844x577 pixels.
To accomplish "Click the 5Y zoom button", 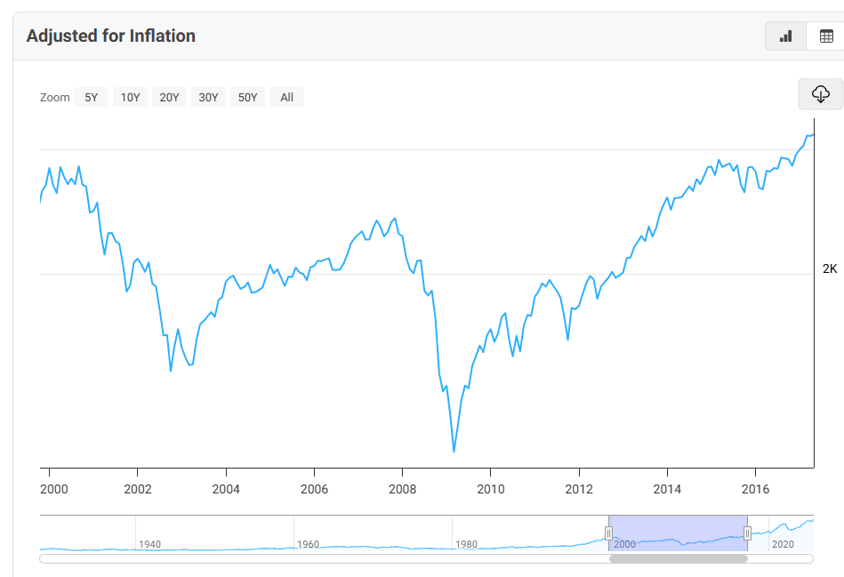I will point(92,98).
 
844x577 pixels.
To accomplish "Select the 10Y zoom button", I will point(131,98).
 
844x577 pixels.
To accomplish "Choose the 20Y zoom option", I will point(170,98).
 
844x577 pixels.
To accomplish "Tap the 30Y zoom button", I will point(209,98).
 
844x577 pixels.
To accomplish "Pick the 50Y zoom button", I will point(248,98).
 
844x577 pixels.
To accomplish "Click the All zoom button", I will point(286,98).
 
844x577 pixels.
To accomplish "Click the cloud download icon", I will point(820,93).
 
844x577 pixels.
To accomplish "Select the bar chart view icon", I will point(785,36).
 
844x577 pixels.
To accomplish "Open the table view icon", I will point(825,36).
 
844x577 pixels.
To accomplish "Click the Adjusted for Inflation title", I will point(110,36).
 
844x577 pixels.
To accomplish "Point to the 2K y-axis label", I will point(829,269).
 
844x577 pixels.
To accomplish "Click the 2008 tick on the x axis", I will point(403,489).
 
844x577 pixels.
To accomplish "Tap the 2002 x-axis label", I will point(138,489).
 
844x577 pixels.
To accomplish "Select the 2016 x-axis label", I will point(755,489).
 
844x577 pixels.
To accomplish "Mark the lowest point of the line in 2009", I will point(454,452).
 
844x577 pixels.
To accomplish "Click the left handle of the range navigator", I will point(609,533).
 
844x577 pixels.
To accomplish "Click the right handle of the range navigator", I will point(748,533).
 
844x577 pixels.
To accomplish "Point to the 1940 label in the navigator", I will point(149,544).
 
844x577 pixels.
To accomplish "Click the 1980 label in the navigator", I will point(465,544).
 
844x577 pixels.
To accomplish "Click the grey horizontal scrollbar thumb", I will point(678,559).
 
